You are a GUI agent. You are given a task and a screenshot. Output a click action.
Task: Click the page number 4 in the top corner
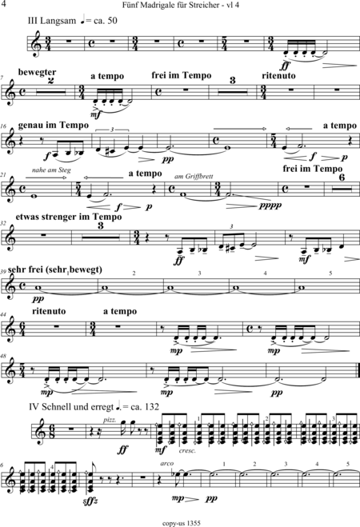4,4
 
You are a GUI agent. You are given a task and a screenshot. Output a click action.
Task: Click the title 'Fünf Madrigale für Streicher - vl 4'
181,5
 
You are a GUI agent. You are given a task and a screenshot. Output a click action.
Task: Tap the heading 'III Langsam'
52,21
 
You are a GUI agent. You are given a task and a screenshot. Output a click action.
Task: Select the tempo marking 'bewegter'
38,72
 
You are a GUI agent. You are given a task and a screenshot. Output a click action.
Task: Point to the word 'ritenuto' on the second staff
278,76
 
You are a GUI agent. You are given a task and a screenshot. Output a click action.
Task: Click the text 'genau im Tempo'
54,126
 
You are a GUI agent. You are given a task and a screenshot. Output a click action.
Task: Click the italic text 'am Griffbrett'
194,176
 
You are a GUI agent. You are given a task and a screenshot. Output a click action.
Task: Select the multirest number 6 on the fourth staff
342,178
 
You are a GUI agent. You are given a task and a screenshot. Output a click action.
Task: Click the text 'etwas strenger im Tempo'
69,218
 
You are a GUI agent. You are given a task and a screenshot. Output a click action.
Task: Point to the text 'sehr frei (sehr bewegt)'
54,269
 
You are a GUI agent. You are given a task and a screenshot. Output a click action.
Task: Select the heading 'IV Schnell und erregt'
71,407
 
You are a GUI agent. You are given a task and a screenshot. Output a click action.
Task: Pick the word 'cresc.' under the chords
187,451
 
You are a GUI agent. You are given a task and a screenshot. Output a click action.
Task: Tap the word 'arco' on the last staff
167,464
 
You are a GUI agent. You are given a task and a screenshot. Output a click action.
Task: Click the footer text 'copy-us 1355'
181,523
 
